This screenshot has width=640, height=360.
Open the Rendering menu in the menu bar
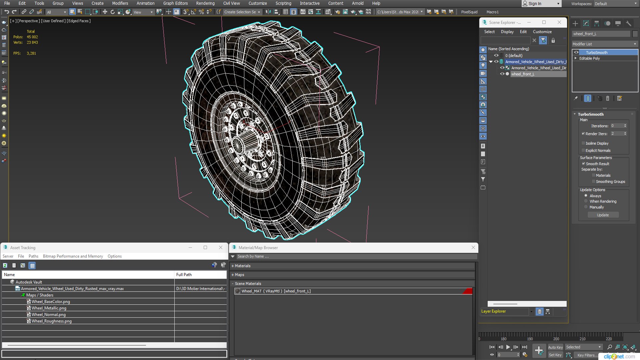(205, 3)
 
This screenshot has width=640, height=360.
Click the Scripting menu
(283, 3)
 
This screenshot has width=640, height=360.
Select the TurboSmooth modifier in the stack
(596, 53)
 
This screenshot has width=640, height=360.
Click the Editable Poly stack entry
(589, 58)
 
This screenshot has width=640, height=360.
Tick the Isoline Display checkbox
(583, 143)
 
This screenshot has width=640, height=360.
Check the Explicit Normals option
(583, 151)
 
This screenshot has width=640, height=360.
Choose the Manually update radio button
(586, 207)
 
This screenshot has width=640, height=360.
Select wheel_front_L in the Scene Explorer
(522, 74)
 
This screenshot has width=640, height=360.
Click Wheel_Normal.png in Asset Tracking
(48, 315)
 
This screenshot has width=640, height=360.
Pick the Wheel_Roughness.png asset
(51, 321)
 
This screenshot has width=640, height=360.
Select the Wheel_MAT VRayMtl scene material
(276, 291)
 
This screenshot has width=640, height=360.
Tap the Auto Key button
(555, 347)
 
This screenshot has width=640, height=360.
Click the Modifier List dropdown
(604, 44)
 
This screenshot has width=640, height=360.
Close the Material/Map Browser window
(473, 247)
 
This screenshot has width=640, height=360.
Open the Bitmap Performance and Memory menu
(73, 256)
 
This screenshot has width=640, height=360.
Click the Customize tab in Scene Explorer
(542, 32)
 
